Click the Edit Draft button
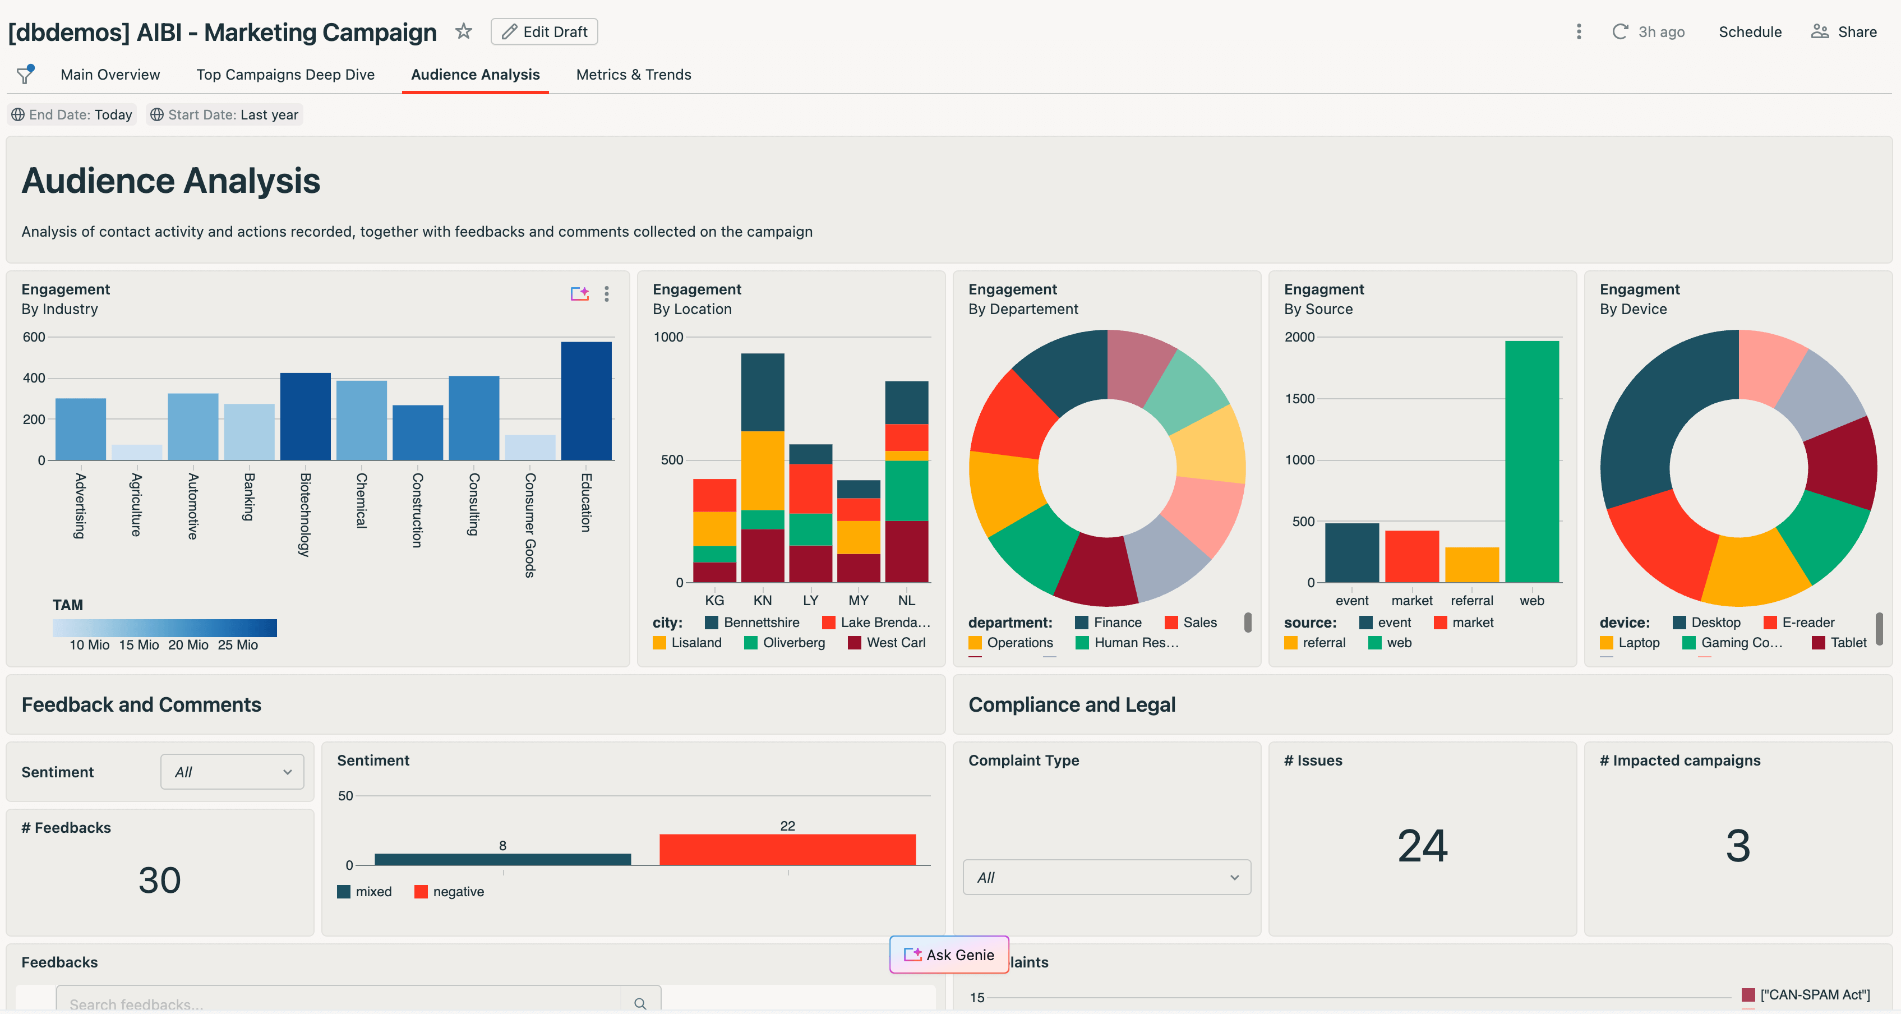pyautogui.click(x=544, y=32)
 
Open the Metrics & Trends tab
pyautogui.click(x=633, y=75)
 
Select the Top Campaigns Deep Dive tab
pyautogui.click(x=285, y=75)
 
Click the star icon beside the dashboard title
pyautogui.click(x=463, y=31)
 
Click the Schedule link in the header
pyautogui.click(x=1750, y=32)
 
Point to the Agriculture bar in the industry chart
pyautogui.click(x=136, y=451)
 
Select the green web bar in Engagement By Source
pyautogui.click(x=1531, y=461)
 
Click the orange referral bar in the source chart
pyautogui.click(x=1471, y=565)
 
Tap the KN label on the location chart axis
pyautogui.click(x=762, y=601)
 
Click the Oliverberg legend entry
pyautogui.click(x=785, y=643)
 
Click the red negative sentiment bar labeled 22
pyautogui.click(x=787, y=850)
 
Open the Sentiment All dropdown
pyautogui.click(x=232, y=772)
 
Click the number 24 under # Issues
pyautogui.click(x=1422, y=846)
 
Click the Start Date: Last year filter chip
pyautogui.click(x=224, y=114)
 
